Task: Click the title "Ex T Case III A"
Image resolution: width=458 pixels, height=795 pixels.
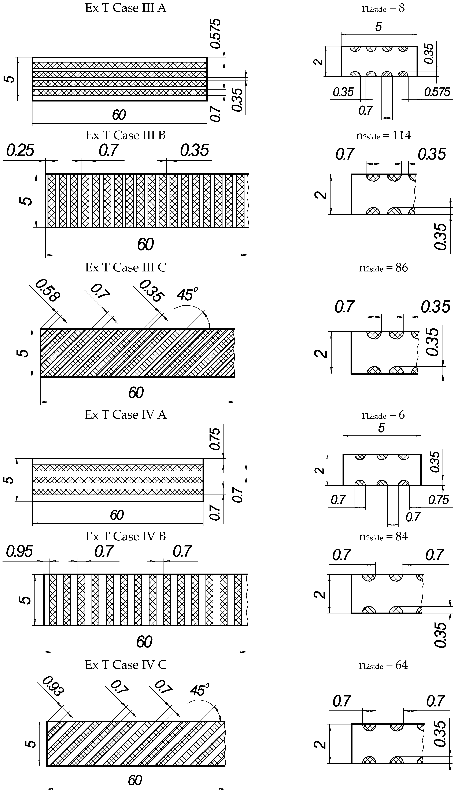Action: [x=126, y=8]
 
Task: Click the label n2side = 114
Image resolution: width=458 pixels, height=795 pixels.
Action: [x=383, y=135]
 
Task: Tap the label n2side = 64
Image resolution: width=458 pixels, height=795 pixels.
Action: [x=383, y=665]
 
